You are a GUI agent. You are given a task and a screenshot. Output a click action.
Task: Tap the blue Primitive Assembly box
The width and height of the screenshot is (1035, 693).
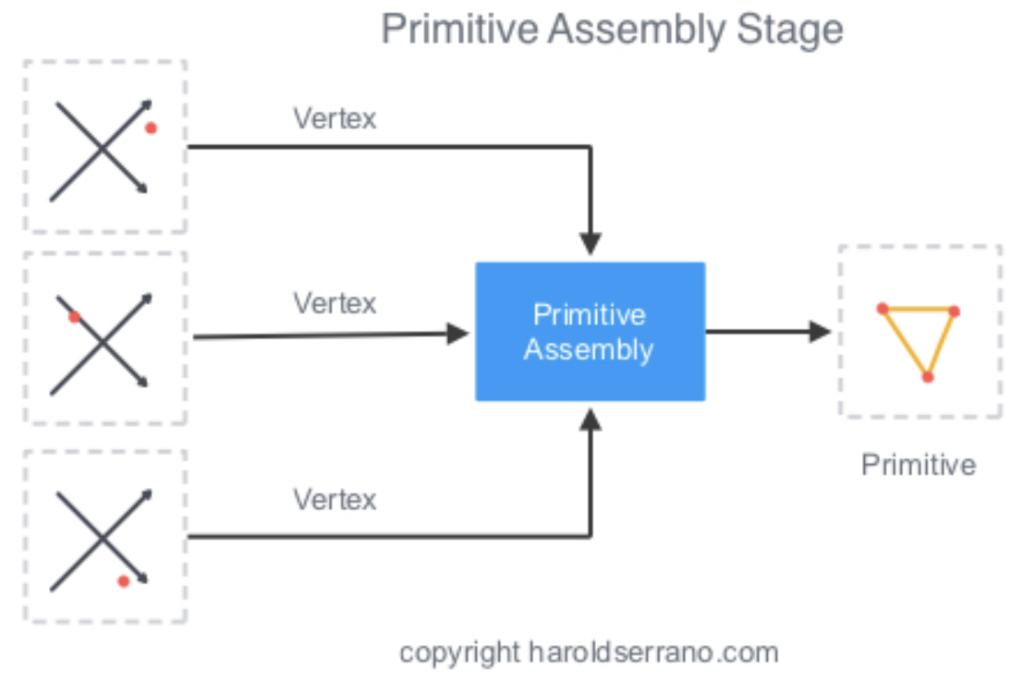(590, 332)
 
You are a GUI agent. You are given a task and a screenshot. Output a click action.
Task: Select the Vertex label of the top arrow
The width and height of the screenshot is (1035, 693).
(335, 118)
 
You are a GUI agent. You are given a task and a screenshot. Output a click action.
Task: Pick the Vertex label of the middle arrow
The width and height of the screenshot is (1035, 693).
(335, 303)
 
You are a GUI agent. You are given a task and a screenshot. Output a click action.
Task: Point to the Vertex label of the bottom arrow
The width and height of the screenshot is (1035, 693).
(335, 500)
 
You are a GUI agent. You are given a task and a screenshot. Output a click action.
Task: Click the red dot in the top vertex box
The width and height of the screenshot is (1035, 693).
(151, 128)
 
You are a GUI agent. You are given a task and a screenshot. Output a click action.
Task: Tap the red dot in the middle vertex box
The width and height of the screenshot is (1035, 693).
(75, 317)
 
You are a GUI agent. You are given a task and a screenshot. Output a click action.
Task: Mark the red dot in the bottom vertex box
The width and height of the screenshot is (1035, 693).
(123, 581)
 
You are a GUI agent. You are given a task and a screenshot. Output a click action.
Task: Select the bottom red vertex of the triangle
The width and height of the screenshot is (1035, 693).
(927, 377)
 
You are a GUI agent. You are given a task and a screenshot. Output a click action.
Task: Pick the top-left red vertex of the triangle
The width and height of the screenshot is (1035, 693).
(883, 308)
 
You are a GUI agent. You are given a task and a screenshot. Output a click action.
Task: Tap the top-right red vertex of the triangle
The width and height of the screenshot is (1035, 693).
(955, 311)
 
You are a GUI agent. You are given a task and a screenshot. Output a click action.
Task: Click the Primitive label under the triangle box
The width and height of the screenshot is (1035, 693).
(918, 464)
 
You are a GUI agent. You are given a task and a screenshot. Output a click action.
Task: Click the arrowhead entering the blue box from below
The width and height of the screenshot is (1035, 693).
(591, 420)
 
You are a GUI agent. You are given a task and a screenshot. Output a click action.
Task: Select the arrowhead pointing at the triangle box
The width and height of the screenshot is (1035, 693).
(820, 331)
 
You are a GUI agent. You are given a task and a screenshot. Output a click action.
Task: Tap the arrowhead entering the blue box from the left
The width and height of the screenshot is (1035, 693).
(458, 334)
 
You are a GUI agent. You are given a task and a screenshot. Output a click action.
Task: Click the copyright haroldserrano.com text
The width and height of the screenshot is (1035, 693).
(589, 652)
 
